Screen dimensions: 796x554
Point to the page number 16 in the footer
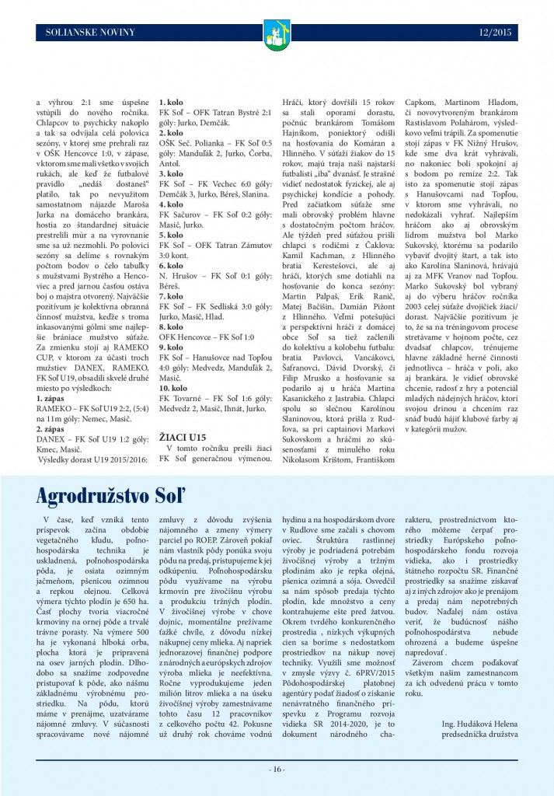(x=277, y=770)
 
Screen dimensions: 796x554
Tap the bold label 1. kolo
(x=171, y=103)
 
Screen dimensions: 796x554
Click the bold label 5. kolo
(x=171, y=234)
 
